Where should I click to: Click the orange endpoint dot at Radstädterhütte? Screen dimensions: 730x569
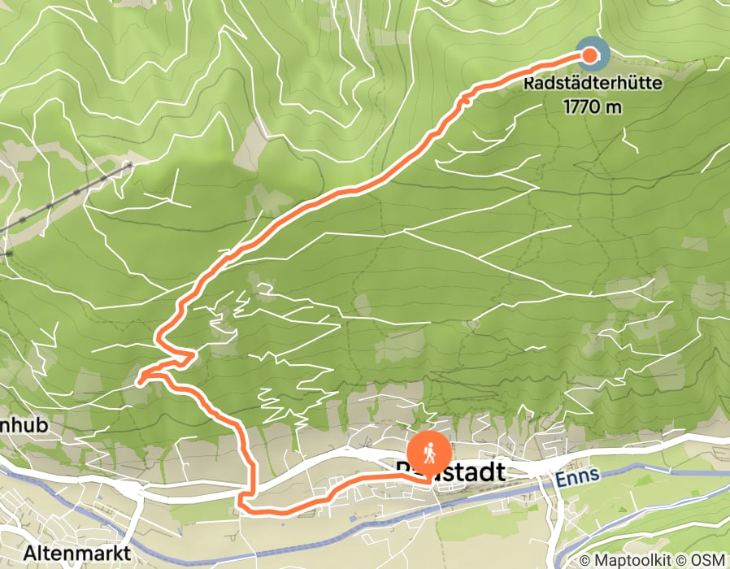click(x=592, y=55)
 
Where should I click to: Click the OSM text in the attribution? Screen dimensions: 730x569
click(x=710, y=560)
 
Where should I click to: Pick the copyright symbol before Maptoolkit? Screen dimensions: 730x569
click(x=585, y=560)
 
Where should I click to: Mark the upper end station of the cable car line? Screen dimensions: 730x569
click(x=128, y=164)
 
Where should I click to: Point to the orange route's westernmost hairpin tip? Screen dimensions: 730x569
click(x=139, y=378)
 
